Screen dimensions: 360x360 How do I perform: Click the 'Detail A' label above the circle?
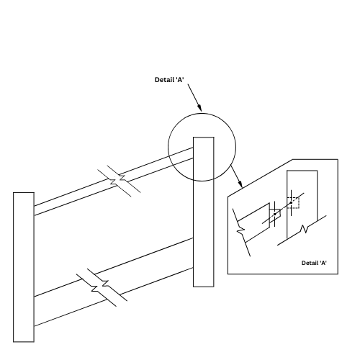pos(169,80)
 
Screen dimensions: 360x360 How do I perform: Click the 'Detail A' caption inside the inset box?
pos(314,263)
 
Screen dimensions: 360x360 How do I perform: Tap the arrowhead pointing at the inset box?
pos(240,184)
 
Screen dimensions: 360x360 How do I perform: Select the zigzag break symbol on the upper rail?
pos(119,180)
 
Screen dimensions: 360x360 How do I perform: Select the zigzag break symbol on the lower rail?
pos(102,287)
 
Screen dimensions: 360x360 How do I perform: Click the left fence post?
pos(24,267)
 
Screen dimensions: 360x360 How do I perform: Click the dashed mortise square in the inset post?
pos(293,203)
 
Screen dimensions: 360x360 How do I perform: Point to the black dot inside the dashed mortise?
pos(291,202)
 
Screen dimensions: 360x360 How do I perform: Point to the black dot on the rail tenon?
pos(275,214)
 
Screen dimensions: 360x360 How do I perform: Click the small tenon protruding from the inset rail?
pos(275,215)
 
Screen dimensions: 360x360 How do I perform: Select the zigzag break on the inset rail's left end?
pos(241,232)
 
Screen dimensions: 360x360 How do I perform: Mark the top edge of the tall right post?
pos(204,138)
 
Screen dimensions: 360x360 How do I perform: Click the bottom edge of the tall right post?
pos(204,287)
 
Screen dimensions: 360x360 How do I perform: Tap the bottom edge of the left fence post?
pos(24,342)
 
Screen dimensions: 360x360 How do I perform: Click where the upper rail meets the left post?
pos(34,210)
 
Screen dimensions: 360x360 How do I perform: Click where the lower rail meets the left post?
pos(34,311)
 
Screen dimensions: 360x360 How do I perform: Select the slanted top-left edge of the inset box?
pos(260,178)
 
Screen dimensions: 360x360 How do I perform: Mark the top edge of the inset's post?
pos(302,171)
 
